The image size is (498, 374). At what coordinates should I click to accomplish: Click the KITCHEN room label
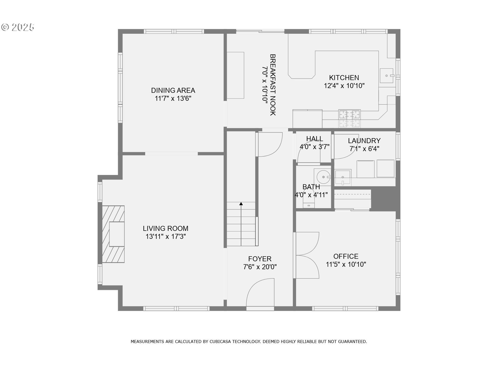pos(344,78)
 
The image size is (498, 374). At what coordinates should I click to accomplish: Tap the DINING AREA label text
pos(173,90)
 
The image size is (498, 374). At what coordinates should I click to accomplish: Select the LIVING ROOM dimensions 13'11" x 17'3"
pos(165,237)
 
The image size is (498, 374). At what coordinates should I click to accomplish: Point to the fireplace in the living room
pos(113,234)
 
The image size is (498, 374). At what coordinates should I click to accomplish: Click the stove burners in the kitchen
pos(349,118)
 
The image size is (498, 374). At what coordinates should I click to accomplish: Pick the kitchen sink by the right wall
pos(387,76)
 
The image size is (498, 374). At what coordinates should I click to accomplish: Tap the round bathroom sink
pos(323,177)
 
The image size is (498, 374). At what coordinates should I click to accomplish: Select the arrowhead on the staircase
pos(241,204)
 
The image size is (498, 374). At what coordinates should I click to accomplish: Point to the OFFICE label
pos(346,256)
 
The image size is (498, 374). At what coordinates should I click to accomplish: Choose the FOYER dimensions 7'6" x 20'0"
pos(260,267)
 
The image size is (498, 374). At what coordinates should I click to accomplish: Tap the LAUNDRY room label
pos(364,141)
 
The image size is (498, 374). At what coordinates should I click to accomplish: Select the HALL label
pos(315,139)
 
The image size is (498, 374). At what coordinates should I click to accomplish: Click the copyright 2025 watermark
pos(18,27)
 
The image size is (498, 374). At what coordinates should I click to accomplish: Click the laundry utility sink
pos(343,177)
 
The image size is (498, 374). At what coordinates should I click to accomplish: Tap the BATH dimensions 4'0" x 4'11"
pos(311,195)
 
